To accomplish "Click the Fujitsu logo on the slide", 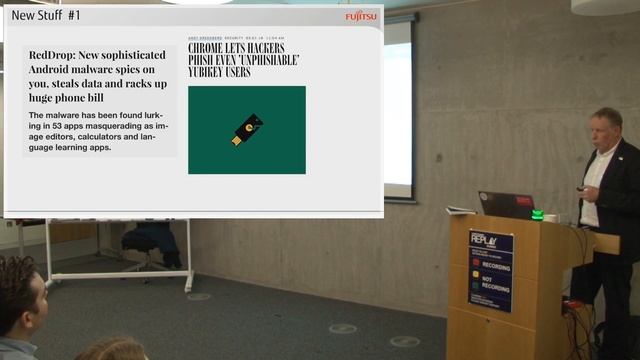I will (x=361, y=16).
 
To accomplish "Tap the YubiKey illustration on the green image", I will (x=247, y=130).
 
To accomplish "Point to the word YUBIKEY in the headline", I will (x=211, y=73).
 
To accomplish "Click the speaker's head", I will (x=606, y=126).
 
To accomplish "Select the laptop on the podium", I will (x=504, y=204).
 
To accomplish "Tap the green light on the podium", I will (x=537, y=214).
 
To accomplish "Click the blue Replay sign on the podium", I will (x=491, y=270).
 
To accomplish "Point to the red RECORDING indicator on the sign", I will (x=476, y=263).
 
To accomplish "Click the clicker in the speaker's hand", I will (x=581, y=187).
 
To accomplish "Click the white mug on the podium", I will (x=550, y=217).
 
